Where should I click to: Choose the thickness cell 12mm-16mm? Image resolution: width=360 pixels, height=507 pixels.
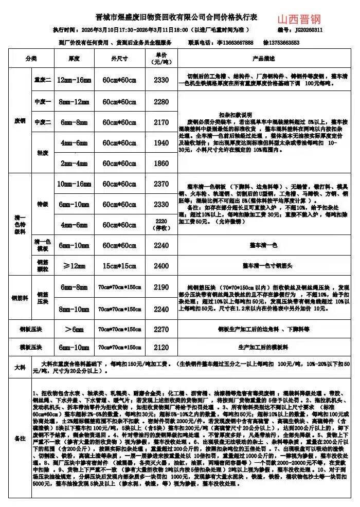point(74,80)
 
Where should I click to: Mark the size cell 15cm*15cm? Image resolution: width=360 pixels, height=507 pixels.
point(119,266)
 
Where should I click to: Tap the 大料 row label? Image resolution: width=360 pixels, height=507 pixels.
point(20,368)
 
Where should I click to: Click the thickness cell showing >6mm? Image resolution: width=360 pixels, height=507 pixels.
point(74,329)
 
